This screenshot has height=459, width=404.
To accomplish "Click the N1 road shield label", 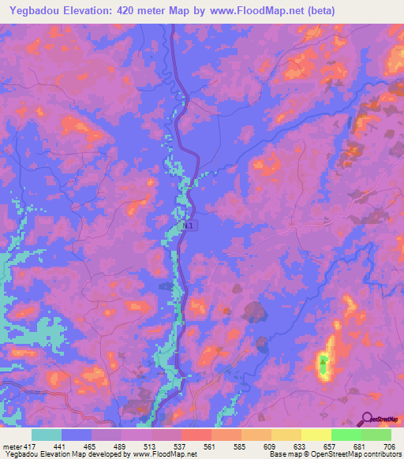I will coord(186,226).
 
